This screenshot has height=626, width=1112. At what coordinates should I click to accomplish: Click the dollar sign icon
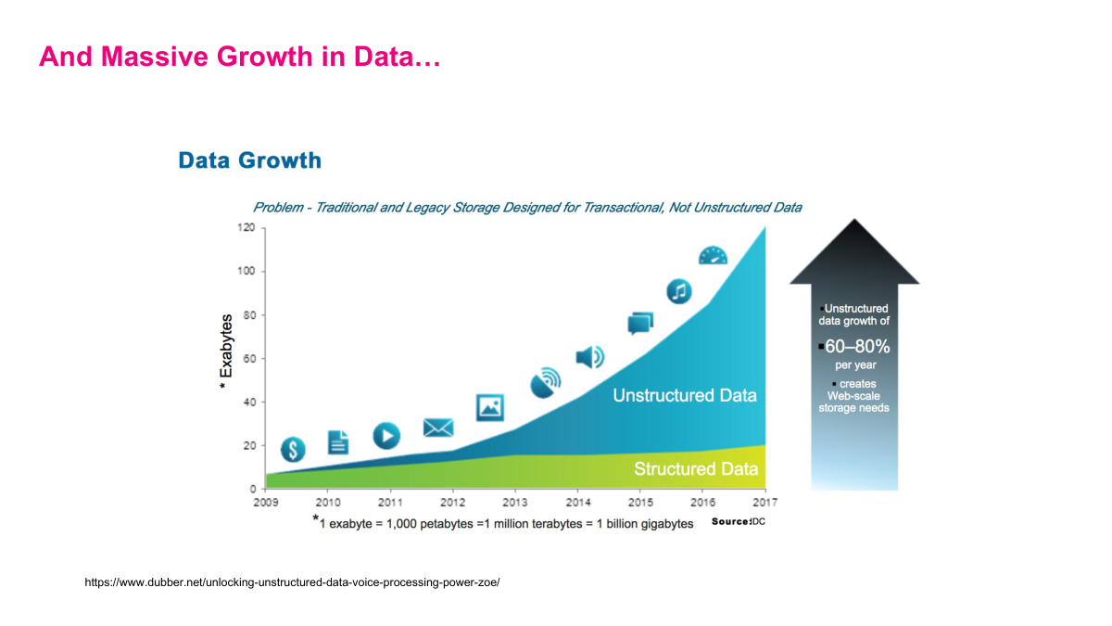click(293, 451)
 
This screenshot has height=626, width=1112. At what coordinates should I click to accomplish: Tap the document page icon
click(338, 442)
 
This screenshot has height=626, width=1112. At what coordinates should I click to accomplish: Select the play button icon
click(386, 435)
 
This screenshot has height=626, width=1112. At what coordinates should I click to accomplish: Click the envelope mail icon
click(438, 428)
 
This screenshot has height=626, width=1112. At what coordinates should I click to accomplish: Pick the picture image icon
click(489, 406)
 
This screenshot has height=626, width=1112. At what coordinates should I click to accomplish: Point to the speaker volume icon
click(589, 357)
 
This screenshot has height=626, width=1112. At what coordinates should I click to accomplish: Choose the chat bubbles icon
click(640, 323)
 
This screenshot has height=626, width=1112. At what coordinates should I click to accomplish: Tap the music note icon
click(679, 291)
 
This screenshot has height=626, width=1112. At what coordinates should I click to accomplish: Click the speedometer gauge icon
click(714, 256)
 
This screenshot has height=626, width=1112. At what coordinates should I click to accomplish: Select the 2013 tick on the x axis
click(514, 502)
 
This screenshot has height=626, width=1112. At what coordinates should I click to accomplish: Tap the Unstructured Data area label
click(684, 396)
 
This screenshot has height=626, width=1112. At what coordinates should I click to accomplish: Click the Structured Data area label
click(695, 469)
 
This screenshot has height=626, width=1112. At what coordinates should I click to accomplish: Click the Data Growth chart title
click(249, 160)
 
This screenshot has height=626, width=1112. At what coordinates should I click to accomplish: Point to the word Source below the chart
click(729, 522)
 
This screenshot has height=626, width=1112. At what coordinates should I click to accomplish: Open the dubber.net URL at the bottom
click(292, 582)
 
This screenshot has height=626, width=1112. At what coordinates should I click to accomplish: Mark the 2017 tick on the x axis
click(764, 502)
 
